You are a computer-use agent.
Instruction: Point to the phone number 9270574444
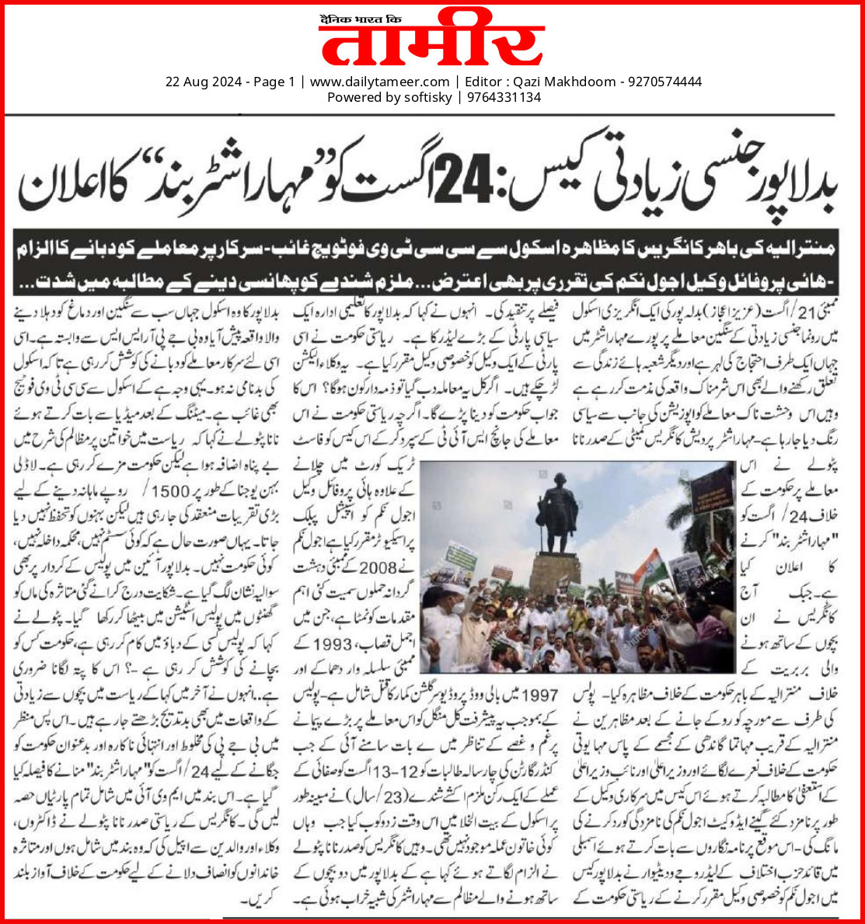(x=666, y=82)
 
